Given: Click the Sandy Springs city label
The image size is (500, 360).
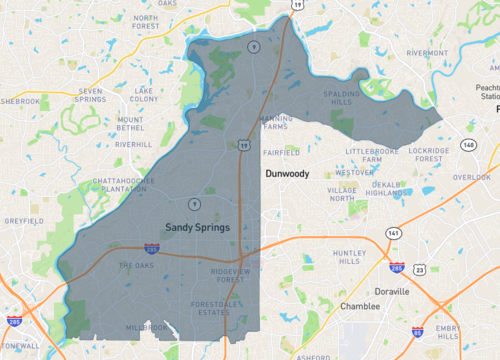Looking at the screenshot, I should (197, 227).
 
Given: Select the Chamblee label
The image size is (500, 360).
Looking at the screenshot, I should (359, 306).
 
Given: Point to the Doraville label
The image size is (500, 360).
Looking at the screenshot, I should (390, 292).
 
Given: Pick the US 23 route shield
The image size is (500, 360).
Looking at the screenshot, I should (420, 270).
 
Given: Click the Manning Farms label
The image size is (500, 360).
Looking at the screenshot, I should (276, 123).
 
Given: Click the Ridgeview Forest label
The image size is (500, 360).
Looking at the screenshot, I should (234, 275).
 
